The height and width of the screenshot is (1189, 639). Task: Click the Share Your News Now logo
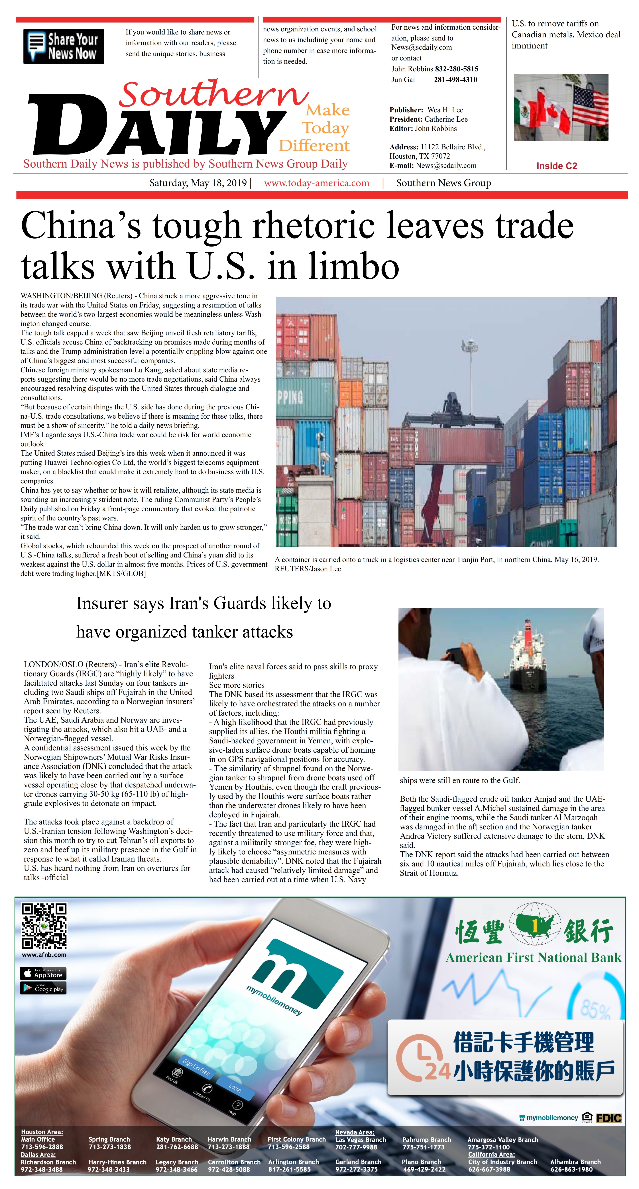(63, 46)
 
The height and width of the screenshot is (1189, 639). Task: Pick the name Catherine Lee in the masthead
(446, 119)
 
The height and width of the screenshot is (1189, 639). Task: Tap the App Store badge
(43, 974)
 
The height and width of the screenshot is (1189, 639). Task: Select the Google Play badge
(43, 988)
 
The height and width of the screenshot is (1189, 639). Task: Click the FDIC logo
(609, 1118)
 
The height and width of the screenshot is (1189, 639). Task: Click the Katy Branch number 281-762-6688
(177, 1147)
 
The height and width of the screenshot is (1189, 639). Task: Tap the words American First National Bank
(533, 958)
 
